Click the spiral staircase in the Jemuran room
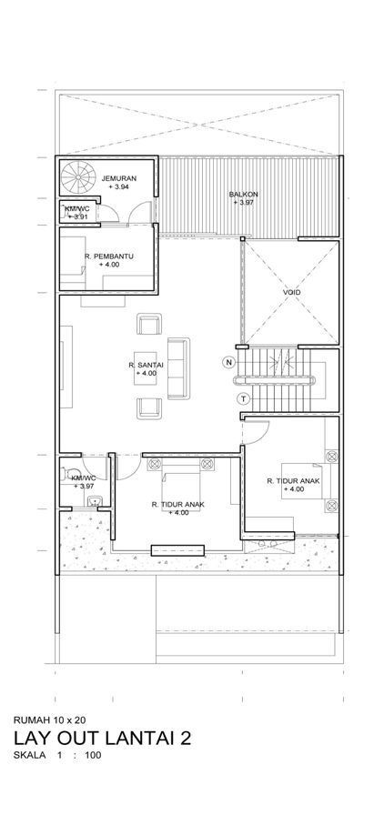click(78, 176)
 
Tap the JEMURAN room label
click(119, 178)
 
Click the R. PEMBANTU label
click(109, 257)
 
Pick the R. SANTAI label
click(146, 365)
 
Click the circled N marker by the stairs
click(228, 362)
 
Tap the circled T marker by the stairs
click(244, 398)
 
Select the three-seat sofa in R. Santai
click(178, 368)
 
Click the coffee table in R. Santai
click(146, 368)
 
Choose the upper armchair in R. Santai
click(149, 324)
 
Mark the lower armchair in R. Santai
click(149, 408)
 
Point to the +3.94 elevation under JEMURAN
click(119, 186)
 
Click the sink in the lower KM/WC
click(95, 501)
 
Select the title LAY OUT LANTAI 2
click(102, 739)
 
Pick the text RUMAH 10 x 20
click(49, 719)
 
